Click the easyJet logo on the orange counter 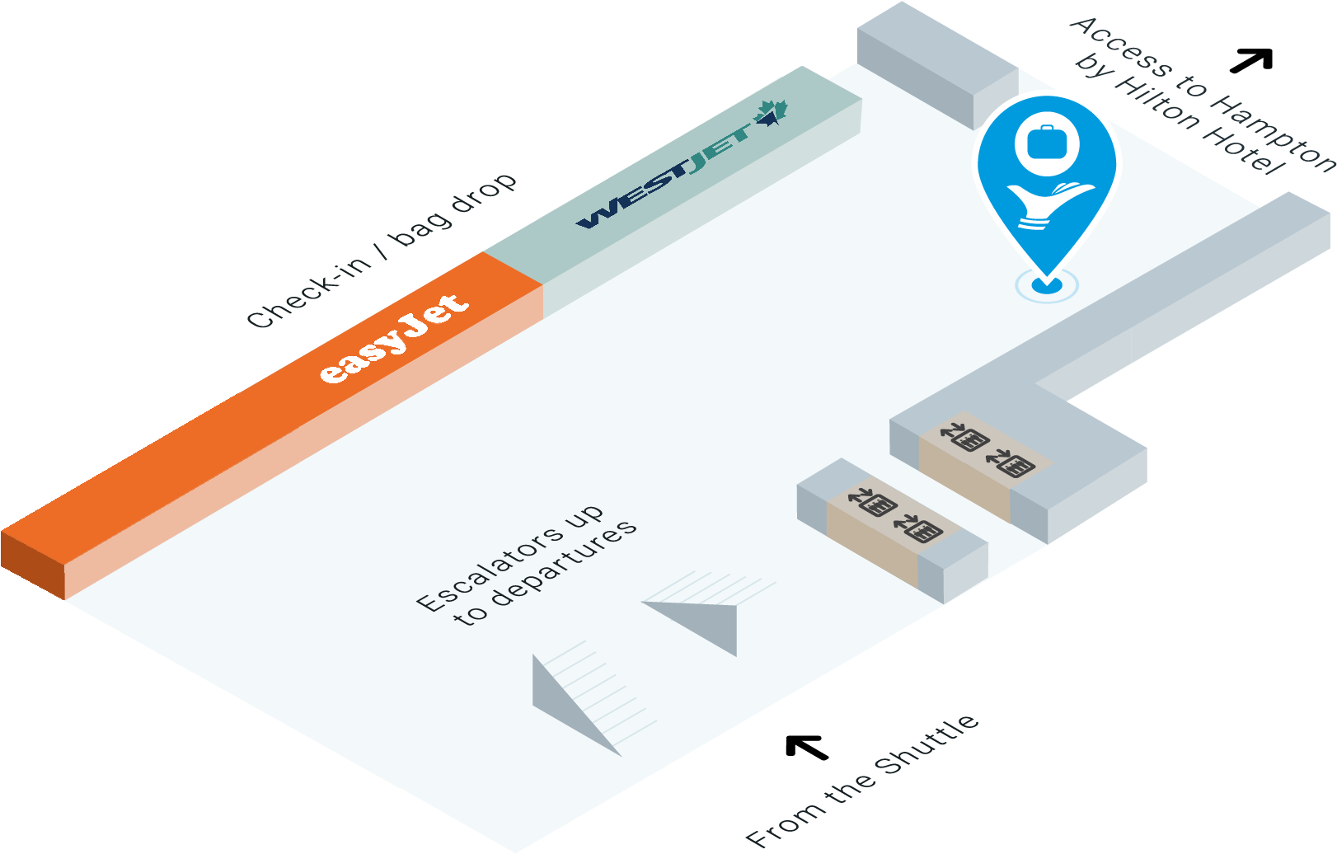394,338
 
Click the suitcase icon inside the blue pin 1047,142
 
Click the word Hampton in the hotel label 1274,132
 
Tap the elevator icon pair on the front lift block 895,514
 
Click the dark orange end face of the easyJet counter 33,563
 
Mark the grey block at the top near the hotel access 936,62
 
